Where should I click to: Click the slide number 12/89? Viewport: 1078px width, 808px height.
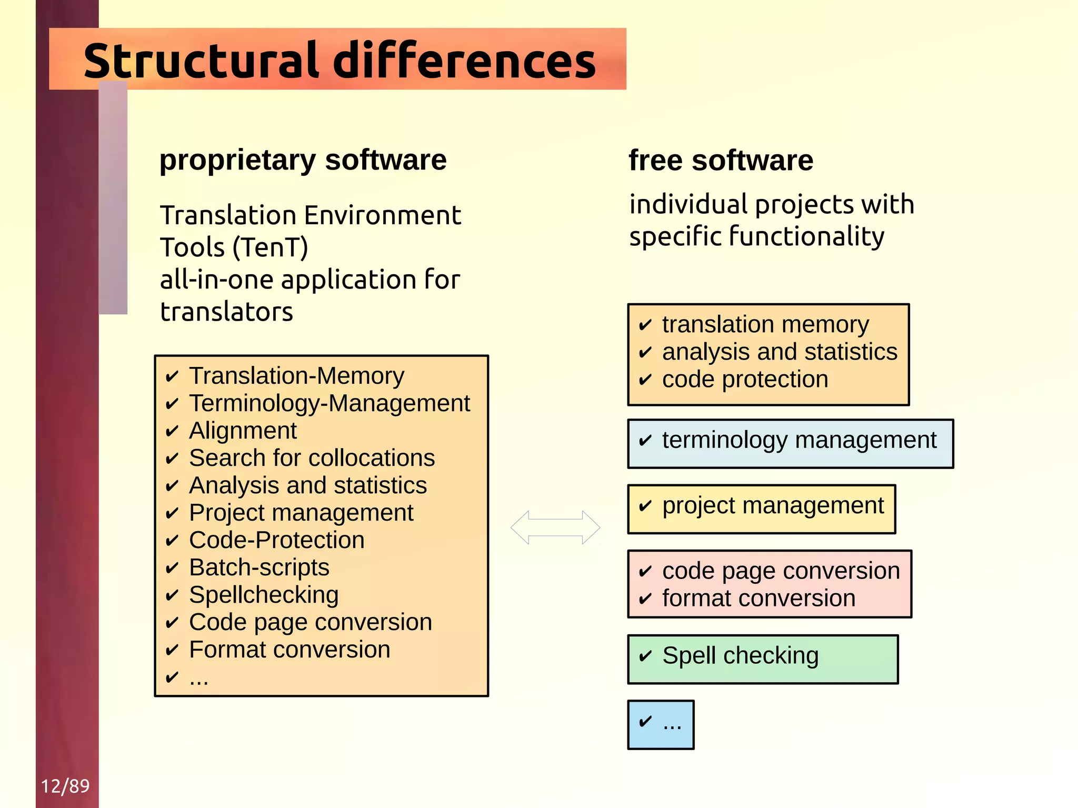point(65,786)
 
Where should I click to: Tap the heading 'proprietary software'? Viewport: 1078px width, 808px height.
point(303,160)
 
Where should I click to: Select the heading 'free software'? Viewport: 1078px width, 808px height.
point(721,160)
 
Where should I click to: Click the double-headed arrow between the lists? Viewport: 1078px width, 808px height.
point(555,527)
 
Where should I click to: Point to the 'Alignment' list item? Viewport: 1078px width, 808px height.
point(243,431)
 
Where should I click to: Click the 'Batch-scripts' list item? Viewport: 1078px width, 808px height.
point(259,567)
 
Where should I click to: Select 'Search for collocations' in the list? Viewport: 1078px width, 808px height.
point(312,458)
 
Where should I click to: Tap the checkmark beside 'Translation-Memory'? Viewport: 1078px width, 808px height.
point(172,377)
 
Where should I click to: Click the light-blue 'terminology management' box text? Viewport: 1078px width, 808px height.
point(799,440)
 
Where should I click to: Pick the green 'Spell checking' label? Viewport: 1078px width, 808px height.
point(740,656)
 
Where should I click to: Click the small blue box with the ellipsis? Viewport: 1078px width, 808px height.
point(661,724)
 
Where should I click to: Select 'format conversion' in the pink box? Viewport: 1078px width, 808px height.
point(758,598)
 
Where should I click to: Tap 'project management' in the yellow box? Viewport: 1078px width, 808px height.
point(773,505)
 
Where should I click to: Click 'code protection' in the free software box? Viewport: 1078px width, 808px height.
point(745,380)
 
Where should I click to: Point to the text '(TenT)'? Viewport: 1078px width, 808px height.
point(270,247)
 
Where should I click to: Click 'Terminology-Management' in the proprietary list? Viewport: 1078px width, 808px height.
point(330,403)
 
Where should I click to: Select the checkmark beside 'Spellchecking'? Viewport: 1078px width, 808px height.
point(172,596)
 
